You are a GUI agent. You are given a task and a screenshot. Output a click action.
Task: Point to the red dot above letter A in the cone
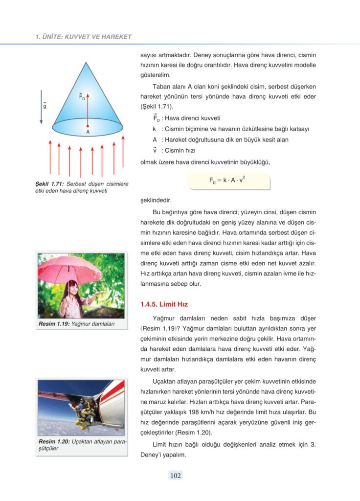pyautogui.click(x=88, y=126)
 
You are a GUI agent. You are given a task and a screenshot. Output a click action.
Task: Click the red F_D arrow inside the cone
pyautogui.click(x=88, y=108)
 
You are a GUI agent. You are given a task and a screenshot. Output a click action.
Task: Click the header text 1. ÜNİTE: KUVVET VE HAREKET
pyautogui.click(x=84, y=37)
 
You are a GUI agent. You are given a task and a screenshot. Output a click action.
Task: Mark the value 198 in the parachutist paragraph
pyautogui.click(x=202, y=412)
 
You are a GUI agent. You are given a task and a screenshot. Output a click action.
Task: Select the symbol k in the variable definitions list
pyautogui.click(x=154, y=129)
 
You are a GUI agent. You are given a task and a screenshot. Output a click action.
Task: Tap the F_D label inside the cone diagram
pyautogui.click(x=82, y=96)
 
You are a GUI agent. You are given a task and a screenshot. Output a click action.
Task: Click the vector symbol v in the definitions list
pyautogui.click(x=155, y=150)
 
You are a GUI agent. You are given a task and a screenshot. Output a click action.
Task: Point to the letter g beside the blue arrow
pyautogui.click(x=45, y=105)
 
